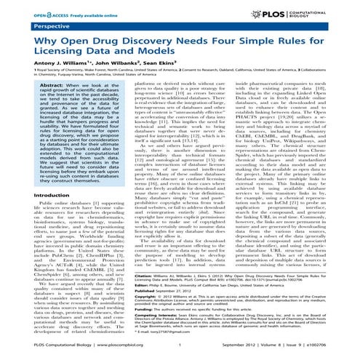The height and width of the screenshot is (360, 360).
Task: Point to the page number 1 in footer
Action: (180, 354)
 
